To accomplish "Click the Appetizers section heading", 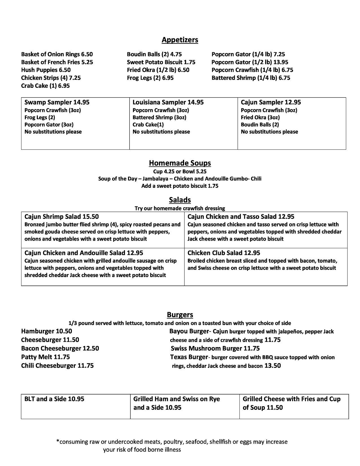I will pyautogui.click(x=180, y=40).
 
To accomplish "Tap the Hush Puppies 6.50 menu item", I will pyautogui.click(x=46, y=70).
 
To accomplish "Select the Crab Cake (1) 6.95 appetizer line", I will pyautogui.click(x=45, y=86).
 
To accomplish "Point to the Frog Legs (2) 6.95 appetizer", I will pyautogui.click(x=150, y=78).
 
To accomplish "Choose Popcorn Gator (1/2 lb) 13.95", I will pyautogui.click(x=250, y=62).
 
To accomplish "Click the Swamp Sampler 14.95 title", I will pyautogui.click(x=57, y=102).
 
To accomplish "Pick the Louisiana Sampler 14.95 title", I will pyautogui.click(x=168, y=102).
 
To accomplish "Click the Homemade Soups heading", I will pyautogui.click(x=180, y=163).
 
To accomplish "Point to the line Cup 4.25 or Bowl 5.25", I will pyautogui.click(x=180, y=171).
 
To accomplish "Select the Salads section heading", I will pyautogui.click(x=180, y=200).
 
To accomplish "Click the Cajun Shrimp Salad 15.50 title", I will pyautogui.click(x=62, y=217).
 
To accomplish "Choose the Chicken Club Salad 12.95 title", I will pyautogui.click(x=224, y=253).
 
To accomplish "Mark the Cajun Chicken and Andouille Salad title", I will pyautogui.click(x=84, y=253).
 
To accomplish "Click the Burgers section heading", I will pyautogui.click(x=180, y=315).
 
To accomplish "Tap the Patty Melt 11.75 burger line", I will pyautogui.click(x=45, y=357).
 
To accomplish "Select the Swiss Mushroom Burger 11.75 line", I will pyautogui.click(x=215, y=349).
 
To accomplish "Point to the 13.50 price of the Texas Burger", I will pyautogui.click(x=272, y=366).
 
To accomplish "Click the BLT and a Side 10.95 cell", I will pyautogui.click(x=54, y=399).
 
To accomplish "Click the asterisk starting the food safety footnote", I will pyautogui.click(x=58, y=441).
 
